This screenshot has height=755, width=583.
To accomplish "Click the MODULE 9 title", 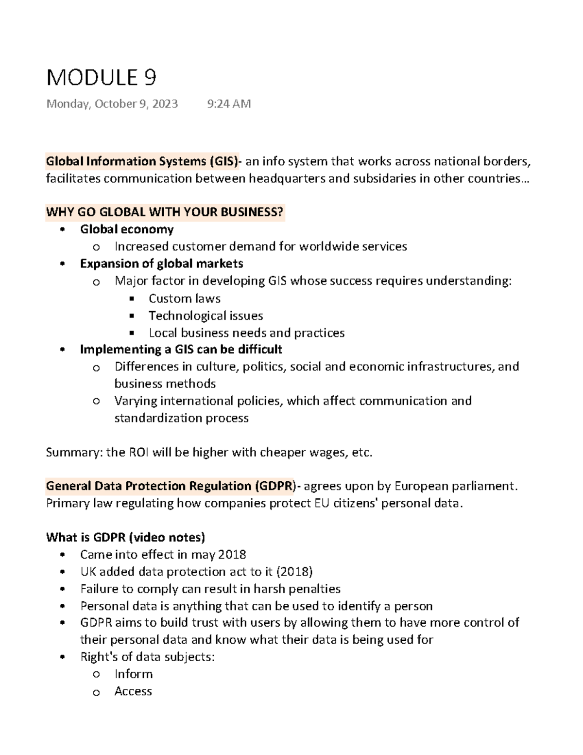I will (x=101, y=78).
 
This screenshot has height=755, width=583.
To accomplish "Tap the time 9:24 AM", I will (x=229, y=104).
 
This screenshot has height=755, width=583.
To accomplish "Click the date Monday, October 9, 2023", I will (x=112, y=104).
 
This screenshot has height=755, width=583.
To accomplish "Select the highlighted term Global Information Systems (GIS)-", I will (x=142, y=161).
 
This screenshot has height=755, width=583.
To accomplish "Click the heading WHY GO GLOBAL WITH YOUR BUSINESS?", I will (x=164, y=212).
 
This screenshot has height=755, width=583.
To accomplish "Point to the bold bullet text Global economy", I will (x=127, y=229).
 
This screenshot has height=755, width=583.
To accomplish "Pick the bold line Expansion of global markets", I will (x=161, y=263).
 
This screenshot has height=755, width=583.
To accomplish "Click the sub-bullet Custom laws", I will (x=185, y=298).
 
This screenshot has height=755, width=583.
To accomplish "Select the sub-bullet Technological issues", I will (x=206, y=316).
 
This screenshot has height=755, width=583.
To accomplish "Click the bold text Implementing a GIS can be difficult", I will (x=181, y=350).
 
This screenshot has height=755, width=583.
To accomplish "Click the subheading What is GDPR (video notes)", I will (x=125, y=537).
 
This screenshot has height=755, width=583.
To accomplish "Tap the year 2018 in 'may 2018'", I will (x=232, y=555).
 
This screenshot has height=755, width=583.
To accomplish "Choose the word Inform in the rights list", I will (x=134, y=674).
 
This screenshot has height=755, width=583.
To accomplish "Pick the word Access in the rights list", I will (x=133, y=691).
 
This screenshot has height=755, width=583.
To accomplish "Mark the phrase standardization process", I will (x=181, y=418).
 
